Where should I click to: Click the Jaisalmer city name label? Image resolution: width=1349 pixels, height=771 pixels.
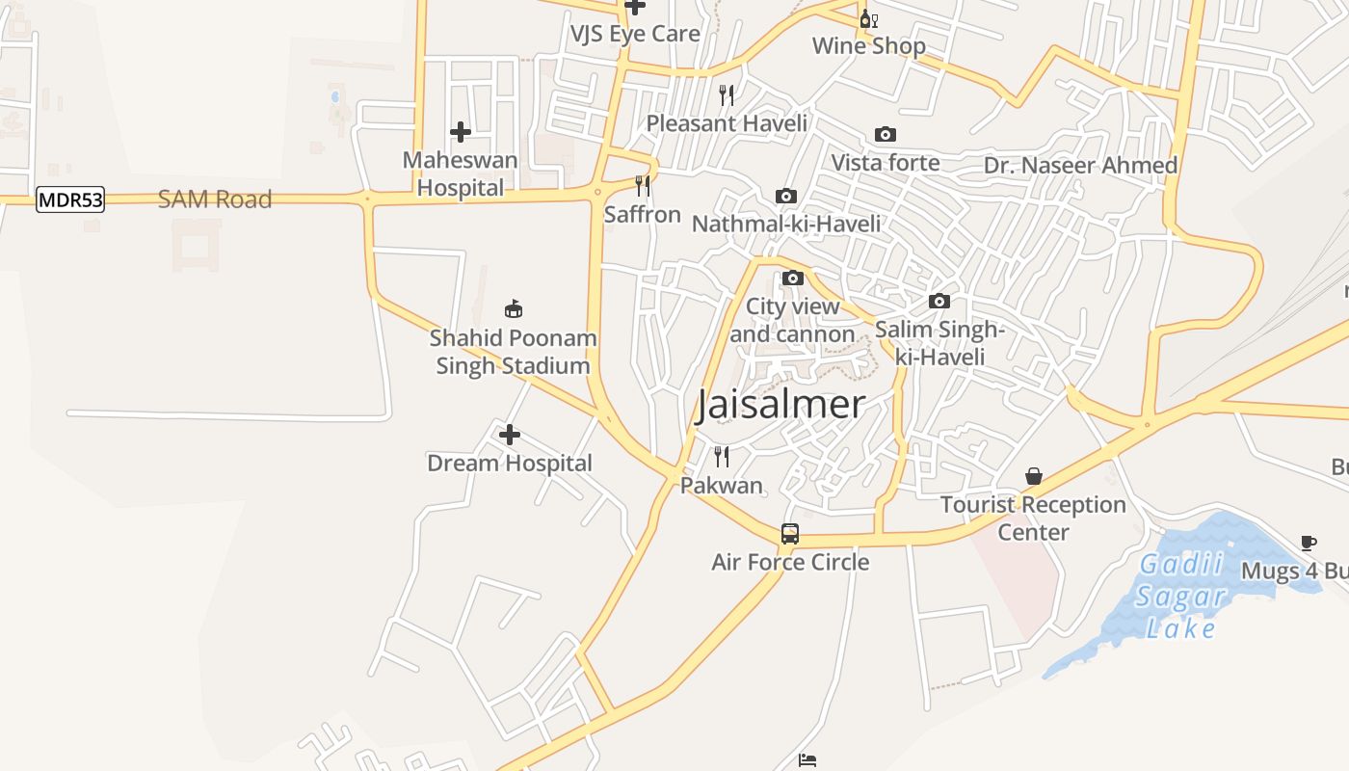tap(780, 405)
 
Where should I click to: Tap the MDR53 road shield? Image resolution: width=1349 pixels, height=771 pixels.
tap(70, 200)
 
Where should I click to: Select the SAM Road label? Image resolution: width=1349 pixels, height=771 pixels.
tap(215, 199)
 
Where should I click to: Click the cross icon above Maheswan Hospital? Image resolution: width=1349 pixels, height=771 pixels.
tap(461, 132)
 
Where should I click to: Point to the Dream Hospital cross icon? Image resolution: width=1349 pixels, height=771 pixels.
tap(510, 436)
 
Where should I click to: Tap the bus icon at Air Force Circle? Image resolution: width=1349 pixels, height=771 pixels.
tap(790, 534)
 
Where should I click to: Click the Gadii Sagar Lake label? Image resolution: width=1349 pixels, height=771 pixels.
tap(1181, 597)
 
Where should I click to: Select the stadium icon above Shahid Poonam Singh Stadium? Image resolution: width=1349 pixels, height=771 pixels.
tap(514, 309)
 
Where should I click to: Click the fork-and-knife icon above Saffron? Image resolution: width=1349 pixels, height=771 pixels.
tap(643, 185)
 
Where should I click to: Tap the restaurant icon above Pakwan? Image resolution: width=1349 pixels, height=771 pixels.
tap(722, 456)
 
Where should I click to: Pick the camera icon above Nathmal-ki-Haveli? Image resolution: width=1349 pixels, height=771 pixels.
tap(786, 197)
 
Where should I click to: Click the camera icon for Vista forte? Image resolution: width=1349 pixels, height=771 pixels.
tap(885, 135)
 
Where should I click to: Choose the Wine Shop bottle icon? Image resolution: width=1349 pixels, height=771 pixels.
tap(868, 18)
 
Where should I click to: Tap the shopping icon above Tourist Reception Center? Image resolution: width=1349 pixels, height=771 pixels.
tap(1034, 476)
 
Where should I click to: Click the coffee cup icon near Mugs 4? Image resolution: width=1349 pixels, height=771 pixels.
tap(1309, 543)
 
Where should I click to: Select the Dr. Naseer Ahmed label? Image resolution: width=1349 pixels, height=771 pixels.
tap(1080, 166)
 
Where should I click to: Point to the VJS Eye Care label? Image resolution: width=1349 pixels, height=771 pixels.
tap(635, 34)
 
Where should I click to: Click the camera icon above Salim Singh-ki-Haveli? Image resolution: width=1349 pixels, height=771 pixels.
tap(939, 302)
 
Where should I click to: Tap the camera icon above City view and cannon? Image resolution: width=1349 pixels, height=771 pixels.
tap(793, 279)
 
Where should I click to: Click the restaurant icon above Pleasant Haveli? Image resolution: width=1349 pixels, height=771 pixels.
tap(727, 94)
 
